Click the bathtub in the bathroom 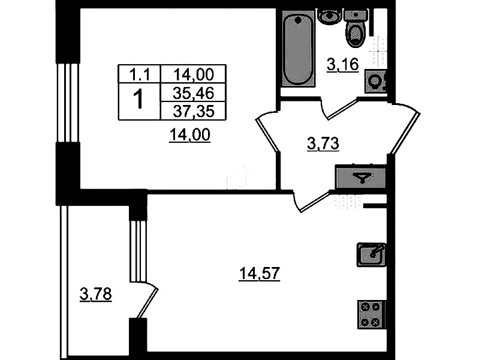coord(298,49)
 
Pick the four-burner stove coord(372,314)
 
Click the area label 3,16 coord(342,65)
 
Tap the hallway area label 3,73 coord(323,144)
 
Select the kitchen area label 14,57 coord(260,274)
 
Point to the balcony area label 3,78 coord(95,295)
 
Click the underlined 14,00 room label coord(190,135)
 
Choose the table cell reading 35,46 coord(194,92)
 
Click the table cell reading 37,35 coord(194,111)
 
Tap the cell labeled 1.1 coord(139,74)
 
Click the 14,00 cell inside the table coord(194,74)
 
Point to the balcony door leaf coord(147,303)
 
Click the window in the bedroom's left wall coord(68,103)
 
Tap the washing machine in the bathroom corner coord(375,82)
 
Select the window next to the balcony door coord(138,251)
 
